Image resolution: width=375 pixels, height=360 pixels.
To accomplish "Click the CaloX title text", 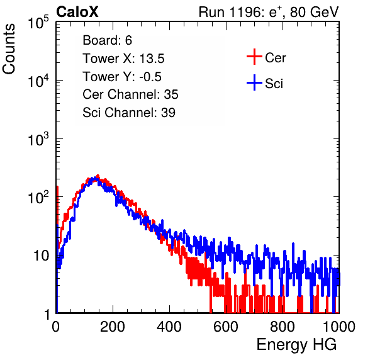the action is pyautogui.click(x=77, y=12).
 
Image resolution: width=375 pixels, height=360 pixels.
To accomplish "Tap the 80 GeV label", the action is pyautogui.click(x=314, y=12).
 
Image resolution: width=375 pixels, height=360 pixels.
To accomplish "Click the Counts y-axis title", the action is pyautogui.click(x=9, y=49).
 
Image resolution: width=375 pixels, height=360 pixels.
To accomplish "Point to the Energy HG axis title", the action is pyautogui.click(x=296, y=344).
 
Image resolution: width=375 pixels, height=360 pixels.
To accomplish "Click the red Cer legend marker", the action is pyautogui.click(x=254, y=57).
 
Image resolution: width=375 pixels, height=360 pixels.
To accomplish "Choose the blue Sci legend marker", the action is pyautogui.click(x=254, y=82).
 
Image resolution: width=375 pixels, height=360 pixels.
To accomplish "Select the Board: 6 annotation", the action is pyautogui.click(x=107, y=40).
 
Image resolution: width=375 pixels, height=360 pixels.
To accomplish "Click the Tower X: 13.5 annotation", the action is pyautogui.click(x=123, y=59).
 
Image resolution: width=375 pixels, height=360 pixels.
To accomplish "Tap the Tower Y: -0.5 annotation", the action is pyautogui.click(x=122, y=77).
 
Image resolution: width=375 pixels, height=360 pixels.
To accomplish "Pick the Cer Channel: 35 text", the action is pyautogui.click(x=130, y=94).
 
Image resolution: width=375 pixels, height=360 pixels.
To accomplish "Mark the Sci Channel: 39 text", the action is pyautogui.click(x=129, y=113).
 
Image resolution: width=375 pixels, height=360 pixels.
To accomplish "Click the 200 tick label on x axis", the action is pyautogui.click(x=113, y=327).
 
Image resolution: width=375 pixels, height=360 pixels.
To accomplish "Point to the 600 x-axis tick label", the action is pyautogui.click(x=226, y=327).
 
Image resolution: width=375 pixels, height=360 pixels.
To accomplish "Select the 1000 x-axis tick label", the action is pyautogui.click(x=339, y=327).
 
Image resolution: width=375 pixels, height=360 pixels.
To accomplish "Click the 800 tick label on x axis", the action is pyautogui.click(x=283, y=327).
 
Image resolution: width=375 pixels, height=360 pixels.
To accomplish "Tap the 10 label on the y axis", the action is pyautogui.click(x=42, y=256).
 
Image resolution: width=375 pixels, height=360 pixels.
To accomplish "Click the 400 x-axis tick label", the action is pyautogui.click(x=169, y=327).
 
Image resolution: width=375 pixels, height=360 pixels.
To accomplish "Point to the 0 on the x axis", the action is pyautogui.click(x=56, y=327).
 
